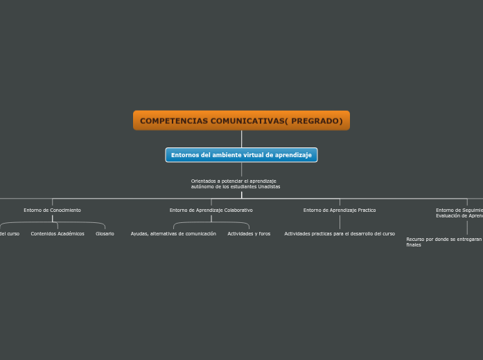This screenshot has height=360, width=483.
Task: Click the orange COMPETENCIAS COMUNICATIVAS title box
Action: [241, 120]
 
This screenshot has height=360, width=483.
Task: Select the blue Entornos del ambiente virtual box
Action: [241, 155]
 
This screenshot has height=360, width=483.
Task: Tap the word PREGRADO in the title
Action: [317, 121]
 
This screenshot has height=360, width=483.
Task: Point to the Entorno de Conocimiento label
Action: [52, 210]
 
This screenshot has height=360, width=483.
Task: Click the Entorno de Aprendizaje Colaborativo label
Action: [211, 210]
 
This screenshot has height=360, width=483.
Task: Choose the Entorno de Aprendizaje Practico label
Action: [340, 210]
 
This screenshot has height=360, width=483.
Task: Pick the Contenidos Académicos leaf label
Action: [58, 234]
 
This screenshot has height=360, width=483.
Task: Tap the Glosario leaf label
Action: [105, 234]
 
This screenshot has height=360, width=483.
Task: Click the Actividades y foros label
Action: [249, 234]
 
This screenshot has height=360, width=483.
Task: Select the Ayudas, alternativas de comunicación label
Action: [173, 234]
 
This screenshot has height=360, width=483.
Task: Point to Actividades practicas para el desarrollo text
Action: [340, 234]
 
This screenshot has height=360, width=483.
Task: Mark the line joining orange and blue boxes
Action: [241, 138]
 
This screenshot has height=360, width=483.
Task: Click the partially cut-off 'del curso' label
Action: [9, 234]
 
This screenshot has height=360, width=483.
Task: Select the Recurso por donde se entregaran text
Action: [444, 240]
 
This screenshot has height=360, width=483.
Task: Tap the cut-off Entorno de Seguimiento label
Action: [459, 210]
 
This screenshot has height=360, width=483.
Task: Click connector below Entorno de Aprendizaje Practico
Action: [340, 222]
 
